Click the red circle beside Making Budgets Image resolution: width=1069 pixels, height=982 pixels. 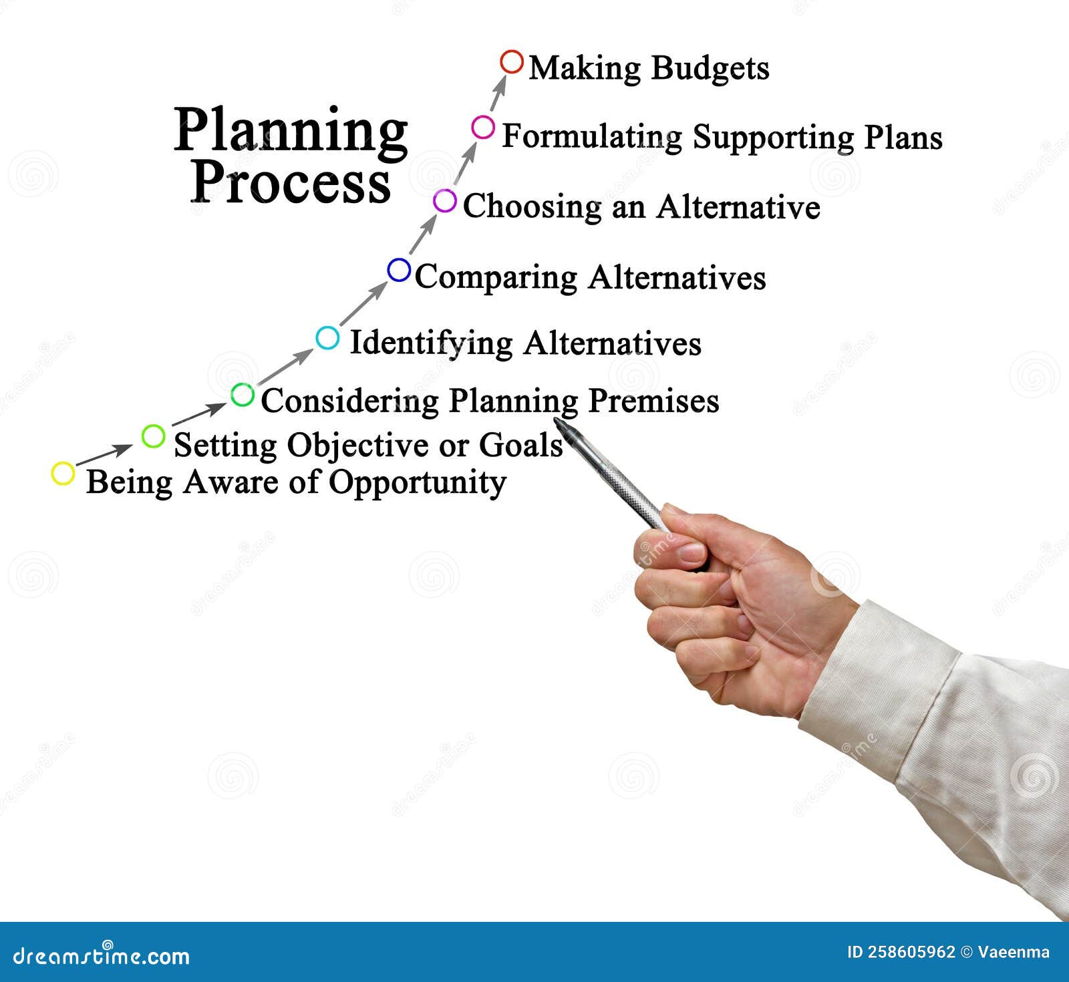tap(512, 62)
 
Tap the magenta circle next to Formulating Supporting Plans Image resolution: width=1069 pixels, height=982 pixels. tap(483, 127)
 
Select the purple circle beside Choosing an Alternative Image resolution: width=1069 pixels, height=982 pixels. tap(445, 200)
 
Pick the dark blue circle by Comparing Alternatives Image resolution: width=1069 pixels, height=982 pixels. tap(399, 270)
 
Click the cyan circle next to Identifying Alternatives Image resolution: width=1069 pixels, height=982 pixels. tap(327, 338)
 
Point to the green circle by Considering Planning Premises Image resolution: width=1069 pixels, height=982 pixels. tap(243, 395)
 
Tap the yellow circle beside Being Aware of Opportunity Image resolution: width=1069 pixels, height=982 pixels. tap(63, 474)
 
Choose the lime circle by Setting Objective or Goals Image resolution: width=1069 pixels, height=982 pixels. tap(153, 436)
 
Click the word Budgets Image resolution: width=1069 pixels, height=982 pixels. tap(710, 69)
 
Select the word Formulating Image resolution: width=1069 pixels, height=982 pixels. tap(592, 138)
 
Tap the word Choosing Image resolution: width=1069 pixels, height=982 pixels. tap(532, 207)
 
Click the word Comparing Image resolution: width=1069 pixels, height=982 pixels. tap(496, 278)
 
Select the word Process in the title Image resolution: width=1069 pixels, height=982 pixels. tap(291, 183)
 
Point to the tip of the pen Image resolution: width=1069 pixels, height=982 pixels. tap(557, 420)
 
